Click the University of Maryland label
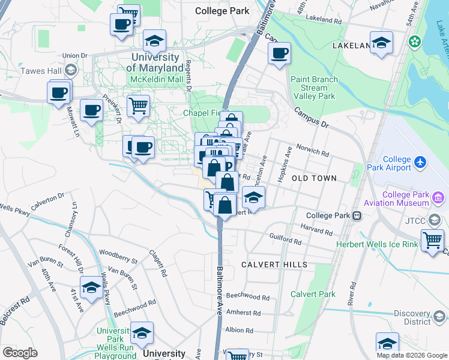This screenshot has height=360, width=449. pos(155,63)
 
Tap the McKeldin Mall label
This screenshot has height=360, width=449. pos(158,79)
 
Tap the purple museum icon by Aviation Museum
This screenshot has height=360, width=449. pos(438,197)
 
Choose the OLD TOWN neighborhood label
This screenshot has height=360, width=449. pos(314,179)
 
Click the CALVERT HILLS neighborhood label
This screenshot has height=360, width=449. pos(274,265)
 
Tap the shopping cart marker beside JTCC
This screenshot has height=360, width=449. pos(432,241)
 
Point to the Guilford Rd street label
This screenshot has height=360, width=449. pos(285,239)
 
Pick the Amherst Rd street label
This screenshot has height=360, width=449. pos(244,313)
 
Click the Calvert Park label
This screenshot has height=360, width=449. pos(313,294)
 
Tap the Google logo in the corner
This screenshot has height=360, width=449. pos(20,352)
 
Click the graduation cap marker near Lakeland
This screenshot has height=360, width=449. pos(381,43)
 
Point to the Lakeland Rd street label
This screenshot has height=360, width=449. pos(324,19)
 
